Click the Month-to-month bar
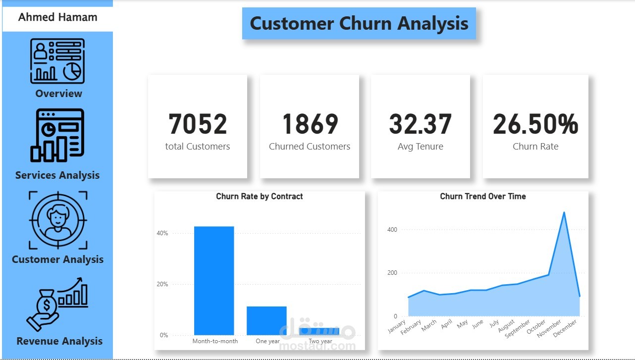214,280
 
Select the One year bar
266,320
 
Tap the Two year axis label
320,341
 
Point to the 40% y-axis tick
162,233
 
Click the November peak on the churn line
564,213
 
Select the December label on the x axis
566,328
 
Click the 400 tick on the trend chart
392,230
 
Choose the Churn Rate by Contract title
260,197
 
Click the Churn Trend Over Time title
483,197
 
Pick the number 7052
198,124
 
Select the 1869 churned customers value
310,124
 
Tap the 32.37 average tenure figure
421,124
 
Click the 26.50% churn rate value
535,124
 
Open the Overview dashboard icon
58,61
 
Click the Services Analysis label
57,175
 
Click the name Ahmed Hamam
58,17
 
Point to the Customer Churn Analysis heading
359,23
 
